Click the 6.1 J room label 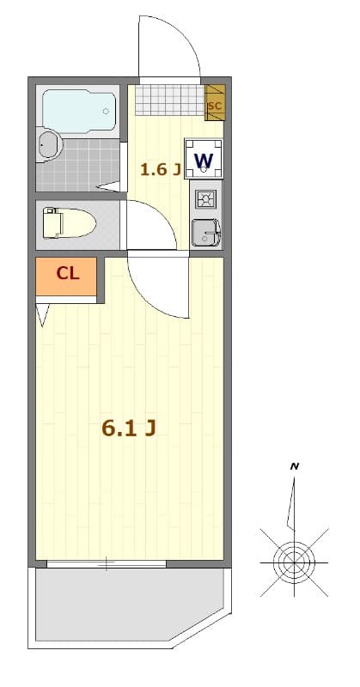coord(128,428)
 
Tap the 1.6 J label coord(160,168)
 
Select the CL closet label coord(68,274)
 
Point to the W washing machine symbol coord(204,160)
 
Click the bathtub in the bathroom coord(79,110)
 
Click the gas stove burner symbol coord(206,200)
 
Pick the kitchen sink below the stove coord(206,233)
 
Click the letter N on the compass coord(295,465)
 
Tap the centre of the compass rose coord(294,562)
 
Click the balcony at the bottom coord(129,605)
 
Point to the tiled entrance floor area coord(169,100)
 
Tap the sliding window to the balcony coord(107,564)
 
